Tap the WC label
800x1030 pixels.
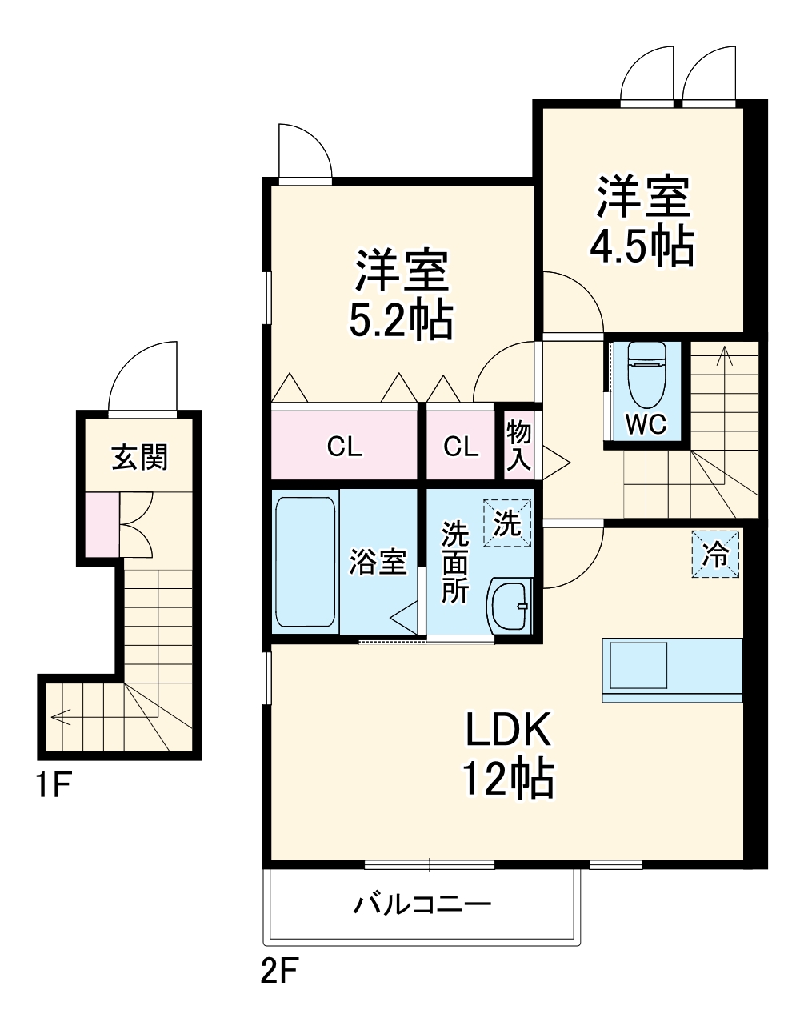pyautogui.click(x=646, y=425)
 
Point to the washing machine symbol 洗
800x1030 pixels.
pyautogui.click(x=507, y=523)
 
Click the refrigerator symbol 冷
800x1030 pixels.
pyautogui.click(x=715, y=554)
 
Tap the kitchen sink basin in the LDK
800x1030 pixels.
pyautogui.click(x=639, y=665)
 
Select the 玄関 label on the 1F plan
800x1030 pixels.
pyautogui.click(x=139, y=457)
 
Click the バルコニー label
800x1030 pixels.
pyautogui.click(x=422, y=904)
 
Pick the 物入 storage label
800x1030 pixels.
pyautogui.click(x=519, y=445)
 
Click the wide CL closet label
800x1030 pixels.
pyautogui.click(x=345, y=447)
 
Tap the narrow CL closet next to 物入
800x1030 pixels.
pyautogui.click(x=461, y=447)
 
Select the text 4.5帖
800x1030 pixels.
pyautogui.click(x=641, y=248)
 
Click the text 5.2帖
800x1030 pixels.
pyautogui.click(x=400, y=320)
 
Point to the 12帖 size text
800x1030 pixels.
pyautogui.click(x=507, y=777)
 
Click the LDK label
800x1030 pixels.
pyautogui.click(x=507, y=730)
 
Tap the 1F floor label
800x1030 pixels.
pyautogui.click(x=54, y=788)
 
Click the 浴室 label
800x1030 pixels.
pyautogui.click(x=378, y=562)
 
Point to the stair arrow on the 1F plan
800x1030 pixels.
pyautogui.click(x=60, y=714)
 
